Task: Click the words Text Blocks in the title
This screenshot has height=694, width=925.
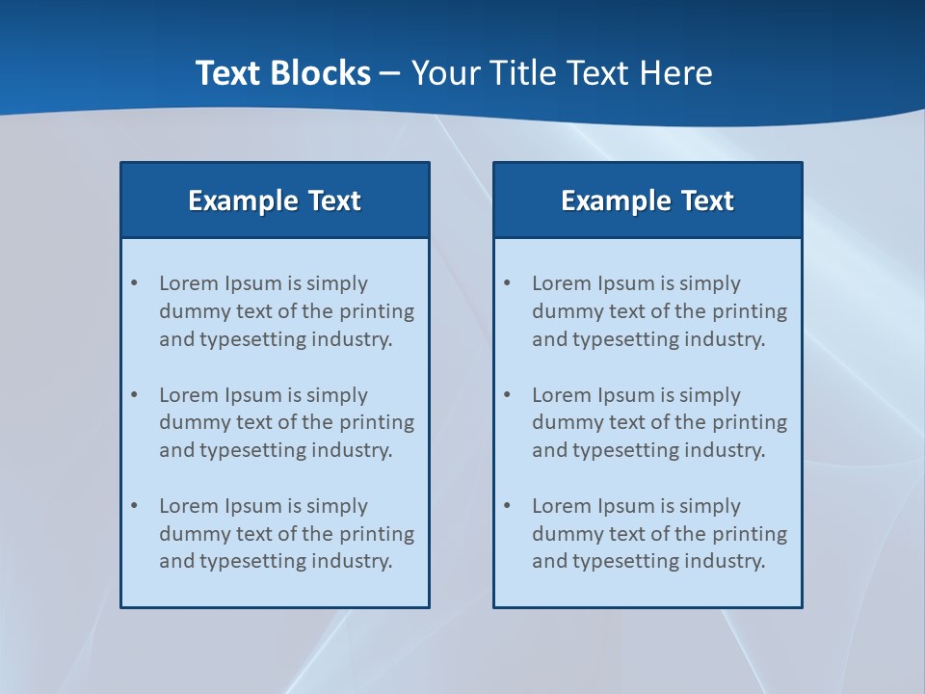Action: (282, 73)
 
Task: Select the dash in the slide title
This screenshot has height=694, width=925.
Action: (390, 74)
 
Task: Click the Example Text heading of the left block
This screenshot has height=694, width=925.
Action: (275, 200)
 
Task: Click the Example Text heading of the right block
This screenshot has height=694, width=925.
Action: (647, 200)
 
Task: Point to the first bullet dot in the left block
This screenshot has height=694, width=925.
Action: (135, 283)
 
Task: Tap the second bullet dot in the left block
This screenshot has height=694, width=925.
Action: (135, 395)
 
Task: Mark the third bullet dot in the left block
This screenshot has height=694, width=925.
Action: (135, 506)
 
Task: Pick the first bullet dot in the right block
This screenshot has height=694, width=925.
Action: (508, 283)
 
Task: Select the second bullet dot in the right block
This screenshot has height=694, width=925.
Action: (508, 395)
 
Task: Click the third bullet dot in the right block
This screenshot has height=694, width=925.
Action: (508, 506)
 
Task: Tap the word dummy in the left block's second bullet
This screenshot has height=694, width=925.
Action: (189, 422)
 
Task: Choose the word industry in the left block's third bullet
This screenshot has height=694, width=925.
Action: (351, 561)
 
